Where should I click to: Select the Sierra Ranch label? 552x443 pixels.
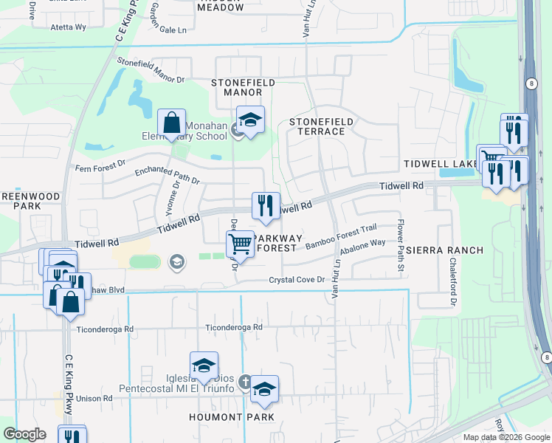click(x=444, y=250)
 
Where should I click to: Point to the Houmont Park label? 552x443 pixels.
click(x=241, y=417)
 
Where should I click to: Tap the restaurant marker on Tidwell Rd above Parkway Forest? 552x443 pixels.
click(x=266, y=204)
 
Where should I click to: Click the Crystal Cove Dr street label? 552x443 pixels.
click(x=297, y=280)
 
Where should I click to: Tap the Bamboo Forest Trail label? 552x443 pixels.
click(x=337, y=240)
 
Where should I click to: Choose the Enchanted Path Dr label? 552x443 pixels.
click(x=166, y=174)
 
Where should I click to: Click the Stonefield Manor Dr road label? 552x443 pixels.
click(x=150, y=72)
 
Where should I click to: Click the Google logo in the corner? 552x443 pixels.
click(x=24, y=435)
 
